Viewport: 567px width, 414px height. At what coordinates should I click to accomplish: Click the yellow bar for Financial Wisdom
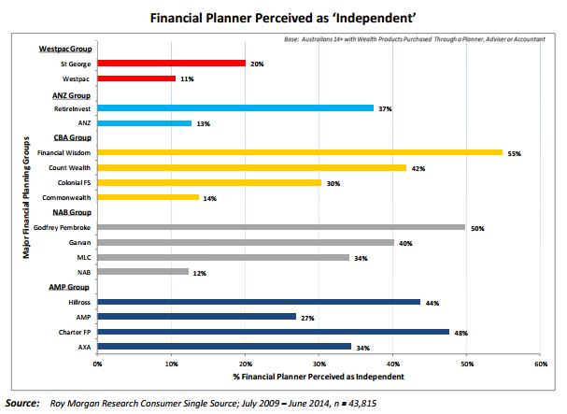point(300,152)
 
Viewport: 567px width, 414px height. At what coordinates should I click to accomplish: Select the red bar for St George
point(171,64)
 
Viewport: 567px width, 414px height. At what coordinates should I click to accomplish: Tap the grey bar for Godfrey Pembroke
point(281,227)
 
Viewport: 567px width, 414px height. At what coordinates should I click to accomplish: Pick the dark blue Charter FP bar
point(272,332)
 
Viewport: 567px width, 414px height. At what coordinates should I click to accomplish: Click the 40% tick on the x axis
point(392,364)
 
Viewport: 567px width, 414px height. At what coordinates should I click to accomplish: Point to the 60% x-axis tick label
point(539,364)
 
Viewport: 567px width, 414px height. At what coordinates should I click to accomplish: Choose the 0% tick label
point(97,364)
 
